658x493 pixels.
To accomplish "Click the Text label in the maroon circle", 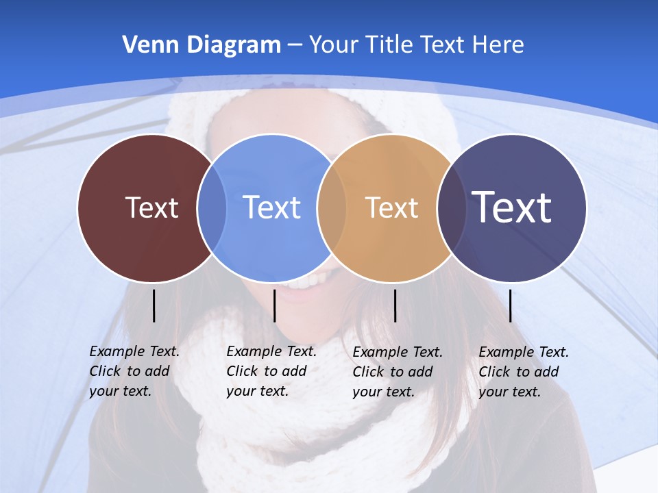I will (151, 207).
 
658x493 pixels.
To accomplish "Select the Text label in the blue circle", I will (272, 207).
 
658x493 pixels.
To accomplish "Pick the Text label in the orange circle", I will (391, 207).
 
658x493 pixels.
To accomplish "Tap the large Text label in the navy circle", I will (512, 207).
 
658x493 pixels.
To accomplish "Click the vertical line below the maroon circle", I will (154, 305).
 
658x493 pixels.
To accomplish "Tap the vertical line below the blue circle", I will (274, 305).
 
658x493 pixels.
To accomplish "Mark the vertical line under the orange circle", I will (395, 305).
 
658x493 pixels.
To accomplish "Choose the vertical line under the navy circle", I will (510, 305).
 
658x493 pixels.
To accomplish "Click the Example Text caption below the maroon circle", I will (134, 371).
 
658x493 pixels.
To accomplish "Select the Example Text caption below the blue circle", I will (271, 371).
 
